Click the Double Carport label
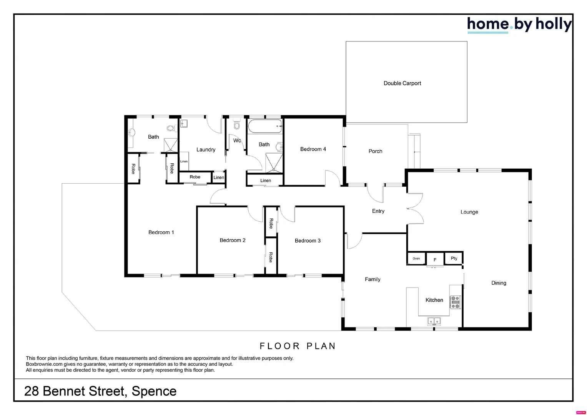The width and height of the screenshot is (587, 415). coord(402,83)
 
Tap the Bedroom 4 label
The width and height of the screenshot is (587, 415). coord(313,149)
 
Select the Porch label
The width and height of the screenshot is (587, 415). coord(375,151)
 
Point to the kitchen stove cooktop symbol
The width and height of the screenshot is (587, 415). coord(455,302)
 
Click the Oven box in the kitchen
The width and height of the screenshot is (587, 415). coord(416,259)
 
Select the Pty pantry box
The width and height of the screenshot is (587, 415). coord(454,258)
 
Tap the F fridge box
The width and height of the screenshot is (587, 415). coord(435,260)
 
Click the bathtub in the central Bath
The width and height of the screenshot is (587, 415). coord(264,126)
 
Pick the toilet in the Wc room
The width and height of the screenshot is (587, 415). coord(236,125)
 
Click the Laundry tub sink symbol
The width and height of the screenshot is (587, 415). coord(184,124)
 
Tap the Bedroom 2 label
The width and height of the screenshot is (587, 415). coord(232,240)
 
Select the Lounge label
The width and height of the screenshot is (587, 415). coord(469,212)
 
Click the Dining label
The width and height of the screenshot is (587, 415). coord(499,283)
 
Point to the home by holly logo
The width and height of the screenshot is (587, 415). coord(519,25)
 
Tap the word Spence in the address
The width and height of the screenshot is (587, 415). coord(154,391)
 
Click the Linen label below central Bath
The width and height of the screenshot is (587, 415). coord(265,181)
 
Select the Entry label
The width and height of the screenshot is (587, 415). coord(378,211)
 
